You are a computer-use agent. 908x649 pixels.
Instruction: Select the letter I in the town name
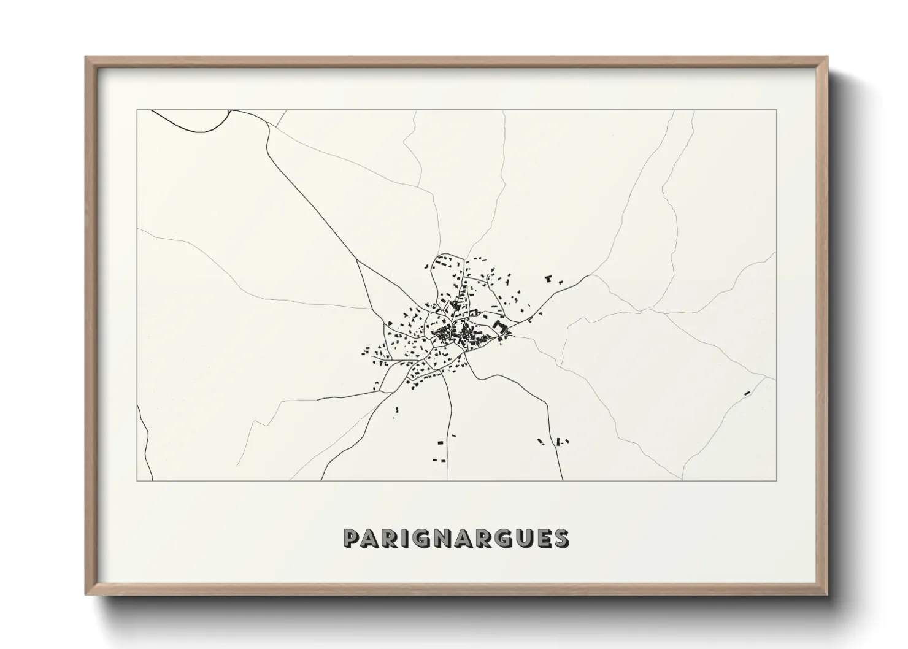pos(408,538)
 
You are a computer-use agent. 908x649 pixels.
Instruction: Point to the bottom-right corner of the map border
pos(776,480)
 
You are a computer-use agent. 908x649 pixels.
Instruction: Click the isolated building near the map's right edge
pos(747,393)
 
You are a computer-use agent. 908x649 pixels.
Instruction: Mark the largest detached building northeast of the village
pos(548,279)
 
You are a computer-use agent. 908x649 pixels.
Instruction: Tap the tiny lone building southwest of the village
pos(396,409)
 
